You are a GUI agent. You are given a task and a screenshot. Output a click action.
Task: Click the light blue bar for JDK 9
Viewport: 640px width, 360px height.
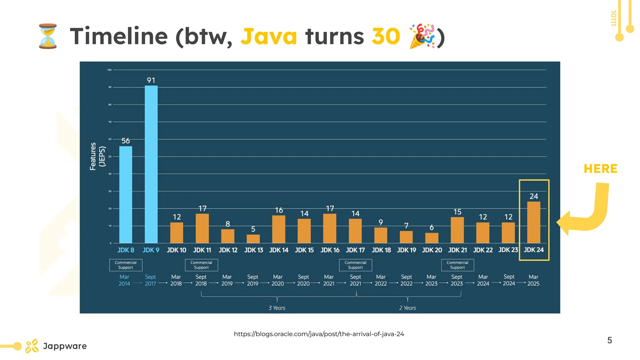[151, 164]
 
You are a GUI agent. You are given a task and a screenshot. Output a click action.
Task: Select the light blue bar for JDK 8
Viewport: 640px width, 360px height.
[126, 194]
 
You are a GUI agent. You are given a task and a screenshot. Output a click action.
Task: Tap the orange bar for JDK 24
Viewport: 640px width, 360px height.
[533, 222]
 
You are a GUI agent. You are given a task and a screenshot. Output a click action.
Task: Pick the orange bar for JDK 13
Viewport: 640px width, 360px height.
[253, 239]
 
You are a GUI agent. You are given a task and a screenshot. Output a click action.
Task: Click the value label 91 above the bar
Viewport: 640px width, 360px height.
[151, 80]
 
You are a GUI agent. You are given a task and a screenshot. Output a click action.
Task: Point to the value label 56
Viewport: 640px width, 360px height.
[126, 141]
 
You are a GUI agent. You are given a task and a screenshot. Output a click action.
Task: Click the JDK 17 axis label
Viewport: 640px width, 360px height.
[355, 250]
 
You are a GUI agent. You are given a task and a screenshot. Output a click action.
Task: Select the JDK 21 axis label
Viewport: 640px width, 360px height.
[457, 250]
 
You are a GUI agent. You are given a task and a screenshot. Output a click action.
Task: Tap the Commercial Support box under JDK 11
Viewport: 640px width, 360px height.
[201, 265]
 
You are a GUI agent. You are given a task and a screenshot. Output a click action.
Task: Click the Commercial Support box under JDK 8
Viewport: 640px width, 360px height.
[126, 265]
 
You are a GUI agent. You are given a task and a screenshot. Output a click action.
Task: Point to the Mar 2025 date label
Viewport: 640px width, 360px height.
[533, 280]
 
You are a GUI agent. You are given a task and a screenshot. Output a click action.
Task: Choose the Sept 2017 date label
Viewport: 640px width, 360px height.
[150, 280]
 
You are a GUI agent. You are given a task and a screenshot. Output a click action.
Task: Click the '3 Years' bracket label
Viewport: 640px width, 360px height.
[277, 308]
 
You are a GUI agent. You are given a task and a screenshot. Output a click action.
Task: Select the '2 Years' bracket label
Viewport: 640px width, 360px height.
[407, 308]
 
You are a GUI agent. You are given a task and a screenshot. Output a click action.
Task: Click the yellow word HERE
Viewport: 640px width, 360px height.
[600, 169]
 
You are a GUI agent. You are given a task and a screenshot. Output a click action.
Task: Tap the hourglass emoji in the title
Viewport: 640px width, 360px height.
[48, 36]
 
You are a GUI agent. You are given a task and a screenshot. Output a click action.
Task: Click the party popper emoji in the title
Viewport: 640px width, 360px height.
[422, 36]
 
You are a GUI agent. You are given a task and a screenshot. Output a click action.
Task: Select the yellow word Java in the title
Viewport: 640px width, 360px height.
[268, 36]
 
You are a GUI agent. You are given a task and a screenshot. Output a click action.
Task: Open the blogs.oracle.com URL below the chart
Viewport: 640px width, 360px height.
[319, 334]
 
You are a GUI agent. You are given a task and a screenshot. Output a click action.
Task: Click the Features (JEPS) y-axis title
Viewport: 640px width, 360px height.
[97, 156]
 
